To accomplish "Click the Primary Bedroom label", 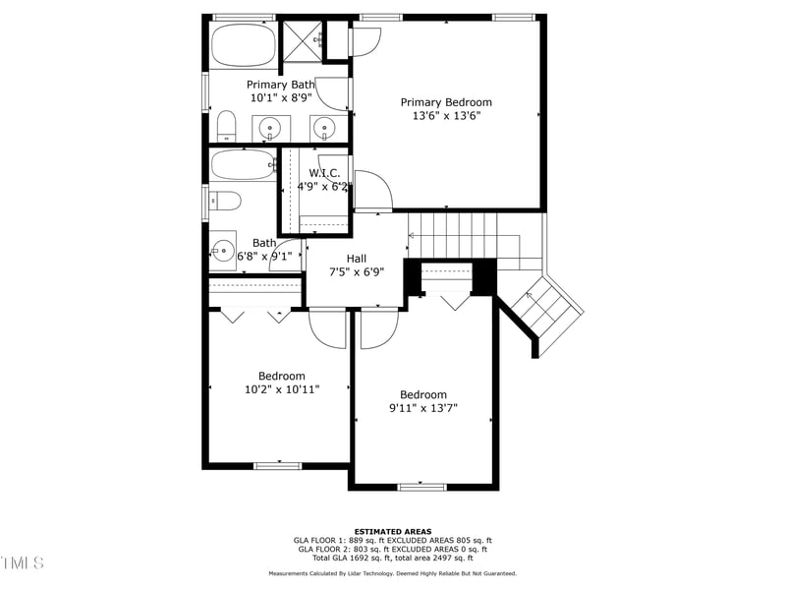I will pos(446,102).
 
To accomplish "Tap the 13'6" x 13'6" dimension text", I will pos(446,116).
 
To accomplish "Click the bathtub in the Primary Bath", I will pos(244,44).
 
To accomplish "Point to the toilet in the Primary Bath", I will pos(226,125).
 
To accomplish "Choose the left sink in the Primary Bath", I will pos(269,127).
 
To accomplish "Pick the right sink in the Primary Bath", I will pos(325,127).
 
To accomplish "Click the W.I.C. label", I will pos(323,173).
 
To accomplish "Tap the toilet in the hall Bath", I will pos(226,202).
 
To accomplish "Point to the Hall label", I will pos(357,259).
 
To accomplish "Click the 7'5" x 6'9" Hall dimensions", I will pos(357,272).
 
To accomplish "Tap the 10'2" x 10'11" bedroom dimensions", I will pos(282,389).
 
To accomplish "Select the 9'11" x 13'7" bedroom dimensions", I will pos(423,408).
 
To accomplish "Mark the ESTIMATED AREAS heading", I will pos(392,531).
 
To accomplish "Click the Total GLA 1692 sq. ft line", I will pos(392,558).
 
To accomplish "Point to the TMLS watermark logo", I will pos(23,562).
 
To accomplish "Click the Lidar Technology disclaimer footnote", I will pos(392,573).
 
